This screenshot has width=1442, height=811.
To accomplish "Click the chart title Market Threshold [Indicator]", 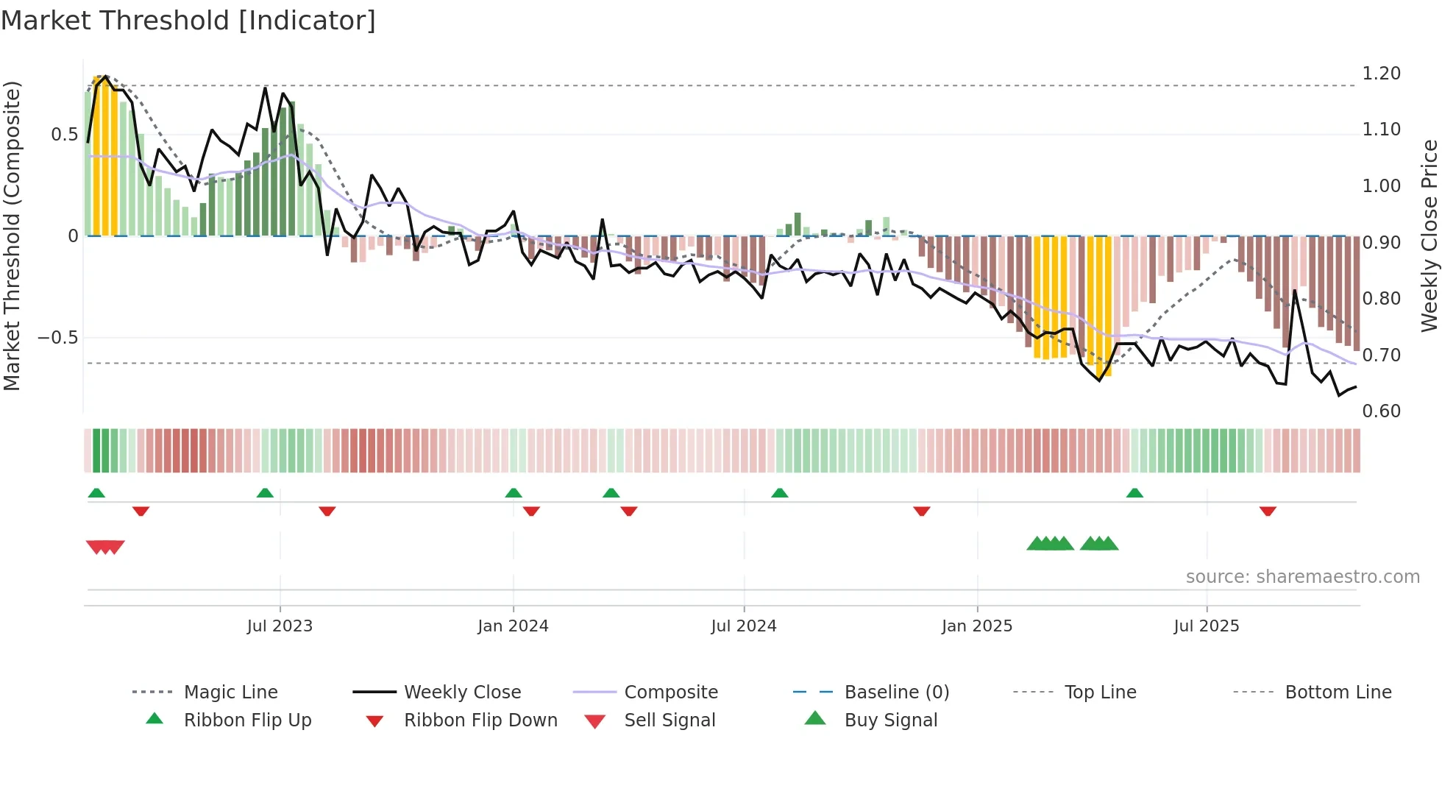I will coord(188,21).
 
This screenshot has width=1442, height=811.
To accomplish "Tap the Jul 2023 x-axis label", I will coord(280,626).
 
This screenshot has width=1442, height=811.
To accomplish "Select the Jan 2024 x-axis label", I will coord(513,626).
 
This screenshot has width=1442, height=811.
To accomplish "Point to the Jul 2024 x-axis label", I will coord(743,626).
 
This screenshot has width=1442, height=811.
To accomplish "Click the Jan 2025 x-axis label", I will coord(977,626).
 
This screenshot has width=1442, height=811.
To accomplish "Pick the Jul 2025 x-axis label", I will coord(1206,626).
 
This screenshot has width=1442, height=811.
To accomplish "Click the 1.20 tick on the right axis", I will coord(1381,74).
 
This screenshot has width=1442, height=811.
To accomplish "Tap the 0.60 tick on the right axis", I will coord(1381,411).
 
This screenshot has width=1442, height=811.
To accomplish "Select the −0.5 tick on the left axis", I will coord(58,338).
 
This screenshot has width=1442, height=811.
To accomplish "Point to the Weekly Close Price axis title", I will coord(1429,235).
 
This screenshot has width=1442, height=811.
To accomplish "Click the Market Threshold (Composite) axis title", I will coord(12,235).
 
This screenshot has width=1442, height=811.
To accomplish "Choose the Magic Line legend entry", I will coord(230,693).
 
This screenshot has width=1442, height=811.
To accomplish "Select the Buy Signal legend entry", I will coord(890,720).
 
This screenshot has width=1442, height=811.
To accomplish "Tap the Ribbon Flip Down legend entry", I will coord(480,720).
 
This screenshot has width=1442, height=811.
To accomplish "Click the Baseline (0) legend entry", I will coord(896,693).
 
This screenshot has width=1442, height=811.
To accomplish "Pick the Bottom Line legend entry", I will coord(1338,693).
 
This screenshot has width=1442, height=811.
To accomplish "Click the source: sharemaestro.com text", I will coord(1302,577).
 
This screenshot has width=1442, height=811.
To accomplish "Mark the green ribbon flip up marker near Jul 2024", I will coord(780,493).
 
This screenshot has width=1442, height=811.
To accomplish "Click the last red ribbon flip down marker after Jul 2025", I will coord(1267,511).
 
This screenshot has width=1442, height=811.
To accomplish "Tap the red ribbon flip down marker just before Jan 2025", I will coord(921,511).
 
